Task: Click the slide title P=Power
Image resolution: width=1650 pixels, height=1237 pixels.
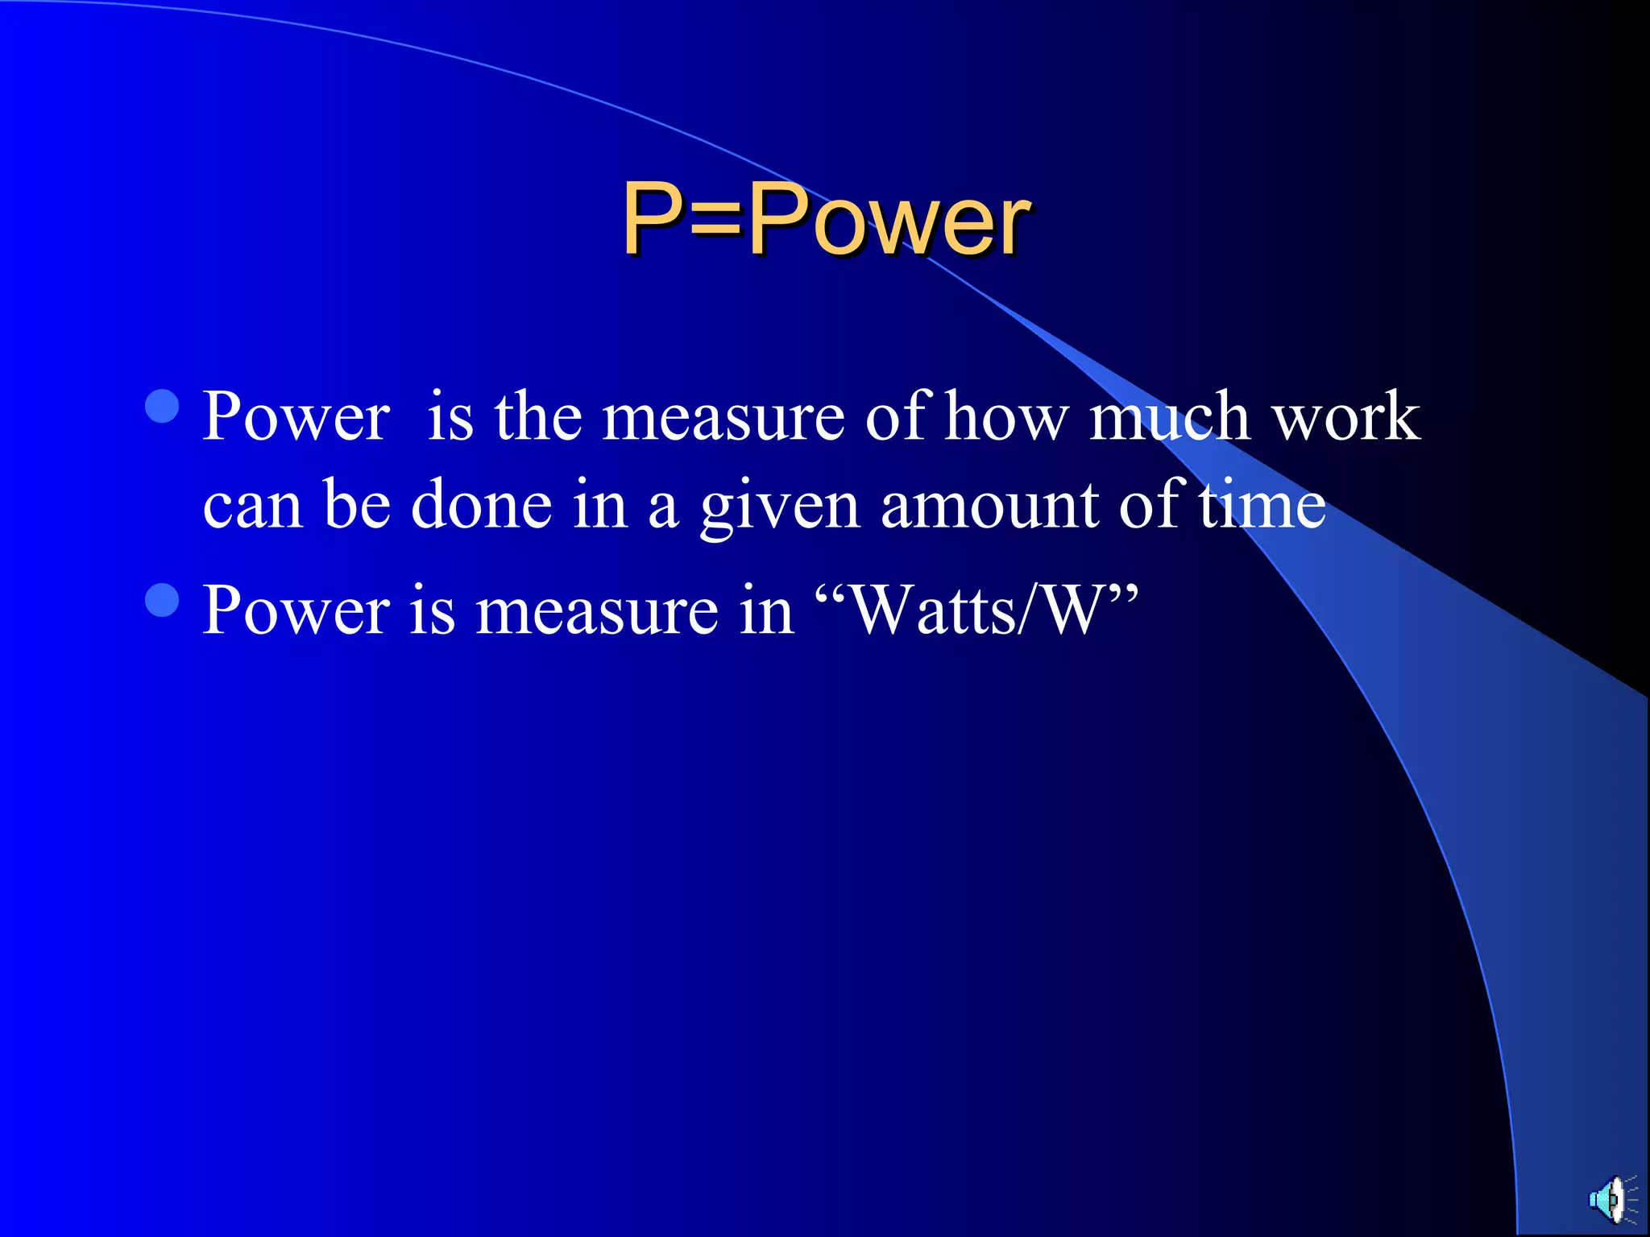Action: (826, 219)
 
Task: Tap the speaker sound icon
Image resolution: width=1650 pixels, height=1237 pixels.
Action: (1612, 1199)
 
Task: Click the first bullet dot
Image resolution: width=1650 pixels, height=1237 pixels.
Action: (162, 407)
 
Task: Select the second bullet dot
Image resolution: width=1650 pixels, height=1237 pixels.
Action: (162, 600)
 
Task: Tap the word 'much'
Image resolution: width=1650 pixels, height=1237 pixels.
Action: (1169, 417)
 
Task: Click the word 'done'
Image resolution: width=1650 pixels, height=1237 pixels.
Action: (481, 506)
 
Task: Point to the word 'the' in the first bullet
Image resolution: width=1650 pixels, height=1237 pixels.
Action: (538, 417)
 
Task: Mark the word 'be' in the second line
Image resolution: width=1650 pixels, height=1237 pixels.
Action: (357, 506)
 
